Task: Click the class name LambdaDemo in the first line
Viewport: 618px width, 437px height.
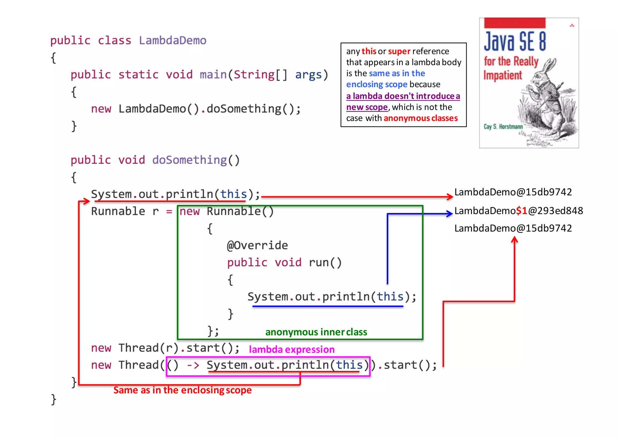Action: pos(173,40)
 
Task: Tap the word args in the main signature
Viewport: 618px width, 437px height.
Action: pos(308,75)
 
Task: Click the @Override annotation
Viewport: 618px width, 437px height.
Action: pos(257,245)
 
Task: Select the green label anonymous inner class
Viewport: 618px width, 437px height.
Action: pos(316,332)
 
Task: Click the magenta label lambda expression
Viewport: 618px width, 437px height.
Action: pos(291,349)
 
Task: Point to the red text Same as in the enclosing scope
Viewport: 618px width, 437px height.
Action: pos(182,390)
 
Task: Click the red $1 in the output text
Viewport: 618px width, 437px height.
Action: pos(521,210)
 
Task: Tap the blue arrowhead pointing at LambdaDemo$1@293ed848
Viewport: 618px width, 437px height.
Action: pos(450,214)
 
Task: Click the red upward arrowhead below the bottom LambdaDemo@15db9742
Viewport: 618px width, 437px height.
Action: pos(514,240)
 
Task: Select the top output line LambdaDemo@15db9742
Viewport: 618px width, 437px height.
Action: pos(513,192)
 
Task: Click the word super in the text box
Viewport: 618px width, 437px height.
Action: pos(399,51)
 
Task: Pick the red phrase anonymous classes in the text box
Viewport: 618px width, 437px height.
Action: pos(421,118)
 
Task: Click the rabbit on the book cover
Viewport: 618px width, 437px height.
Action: pos(546,100)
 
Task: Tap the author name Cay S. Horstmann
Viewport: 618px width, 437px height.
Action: pos(503,127)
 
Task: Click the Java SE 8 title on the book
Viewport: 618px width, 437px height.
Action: pos(515,41)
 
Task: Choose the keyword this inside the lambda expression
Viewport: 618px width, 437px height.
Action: pos(349,365)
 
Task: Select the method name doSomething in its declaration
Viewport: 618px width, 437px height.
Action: pos(189,160)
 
